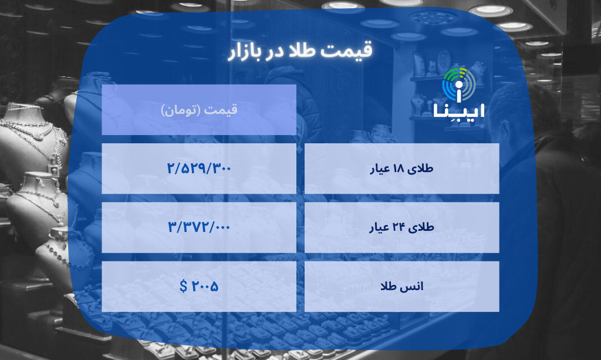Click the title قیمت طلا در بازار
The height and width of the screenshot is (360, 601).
pos(300,51)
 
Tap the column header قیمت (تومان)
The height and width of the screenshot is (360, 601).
pos(199,110)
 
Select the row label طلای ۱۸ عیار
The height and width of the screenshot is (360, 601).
pos(402,169)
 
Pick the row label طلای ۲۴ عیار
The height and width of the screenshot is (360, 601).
pos(402,228)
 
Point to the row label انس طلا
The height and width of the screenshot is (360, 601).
pos(402,287)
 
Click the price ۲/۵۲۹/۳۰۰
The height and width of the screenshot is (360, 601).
pos(199,168)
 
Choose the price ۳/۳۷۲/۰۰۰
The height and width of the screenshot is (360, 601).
pos(199,227)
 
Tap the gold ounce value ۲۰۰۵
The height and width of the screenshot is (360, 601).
pos(205,287)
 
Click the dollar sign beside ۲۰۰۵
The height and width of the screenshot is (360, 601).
pos(184,287)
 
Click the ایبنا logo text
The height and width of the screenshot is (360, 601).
pos(458,110)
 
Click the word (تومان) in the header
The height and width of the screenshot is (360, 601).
pos(184,110)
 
